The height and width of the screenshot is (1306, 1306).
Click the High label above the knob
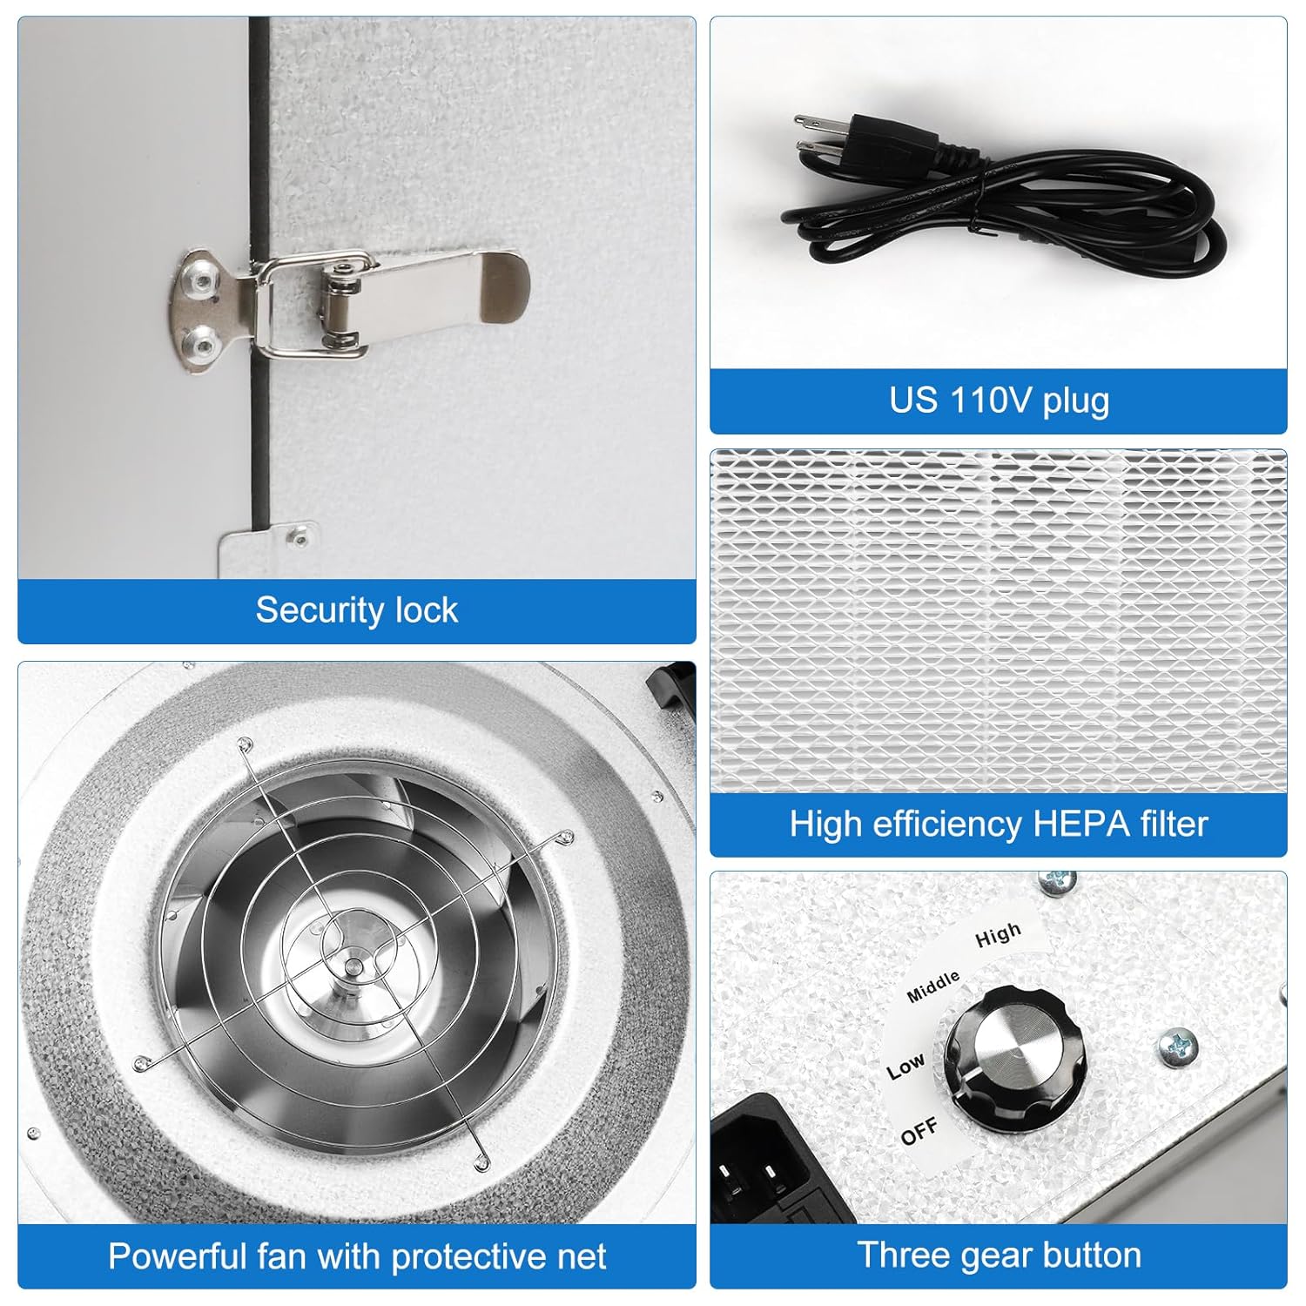998,935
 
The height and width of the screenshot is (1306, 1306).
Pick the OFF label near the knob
919,1132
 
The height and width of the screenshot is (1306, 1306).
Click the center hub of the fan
350,967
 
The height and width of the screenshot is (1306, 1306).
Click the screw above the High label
1057,882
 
